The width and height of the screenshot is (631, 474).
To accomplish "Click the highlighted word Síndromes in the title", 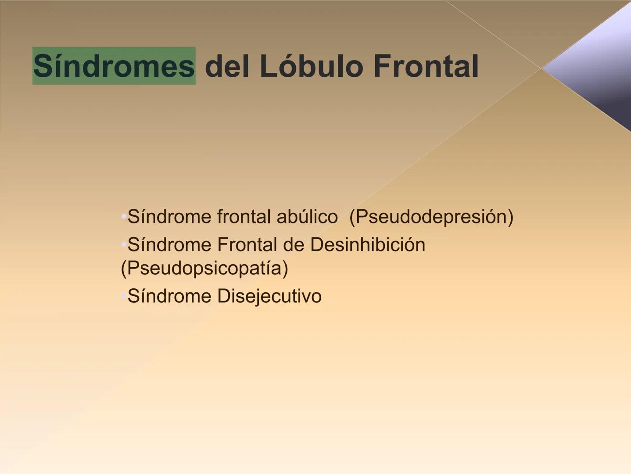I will pyautogui.click(x=114, y=66).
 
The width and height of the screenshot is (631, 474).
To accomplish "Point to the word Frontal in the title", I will pyautogui.click(x=426, y=66).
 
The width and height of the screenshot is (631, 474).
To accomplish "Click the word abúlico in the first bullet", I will pyautogui.click(x=307, y=217).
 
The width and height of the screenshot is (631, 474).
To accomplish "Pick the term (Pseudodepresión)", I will pyautogui.click(x=431, y=217).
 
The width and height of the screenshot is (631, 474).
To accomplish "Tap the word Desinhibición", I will pyautogui.click(x=368, y=245).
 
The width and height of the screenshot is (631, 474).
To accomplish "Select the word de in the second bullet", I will pyautogui.click(x=294, y=245).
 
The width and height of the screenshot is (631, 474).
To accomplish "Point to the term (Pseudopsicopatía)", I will pyautogui.click(x=204, y=268).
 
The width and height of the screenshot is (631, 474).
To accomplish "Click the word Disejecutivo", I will pyautogui.click(x=269, y=296).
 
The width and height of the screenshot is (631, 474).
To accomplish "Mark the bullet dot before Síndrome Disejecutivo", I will pyautogui.click(x=124, y=296).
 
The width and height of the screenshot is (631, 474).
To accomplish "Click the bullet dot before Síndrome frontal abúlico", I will pyautogui.click(x=124, y=216).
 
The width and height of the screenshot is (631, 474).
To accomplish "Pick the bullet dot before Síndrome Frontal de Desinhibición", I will pyautogui.click(x=124, y=244).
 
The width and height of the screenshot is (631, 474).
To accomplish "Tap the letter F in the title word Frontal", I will pyautogui.click(x=381, y=66).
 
